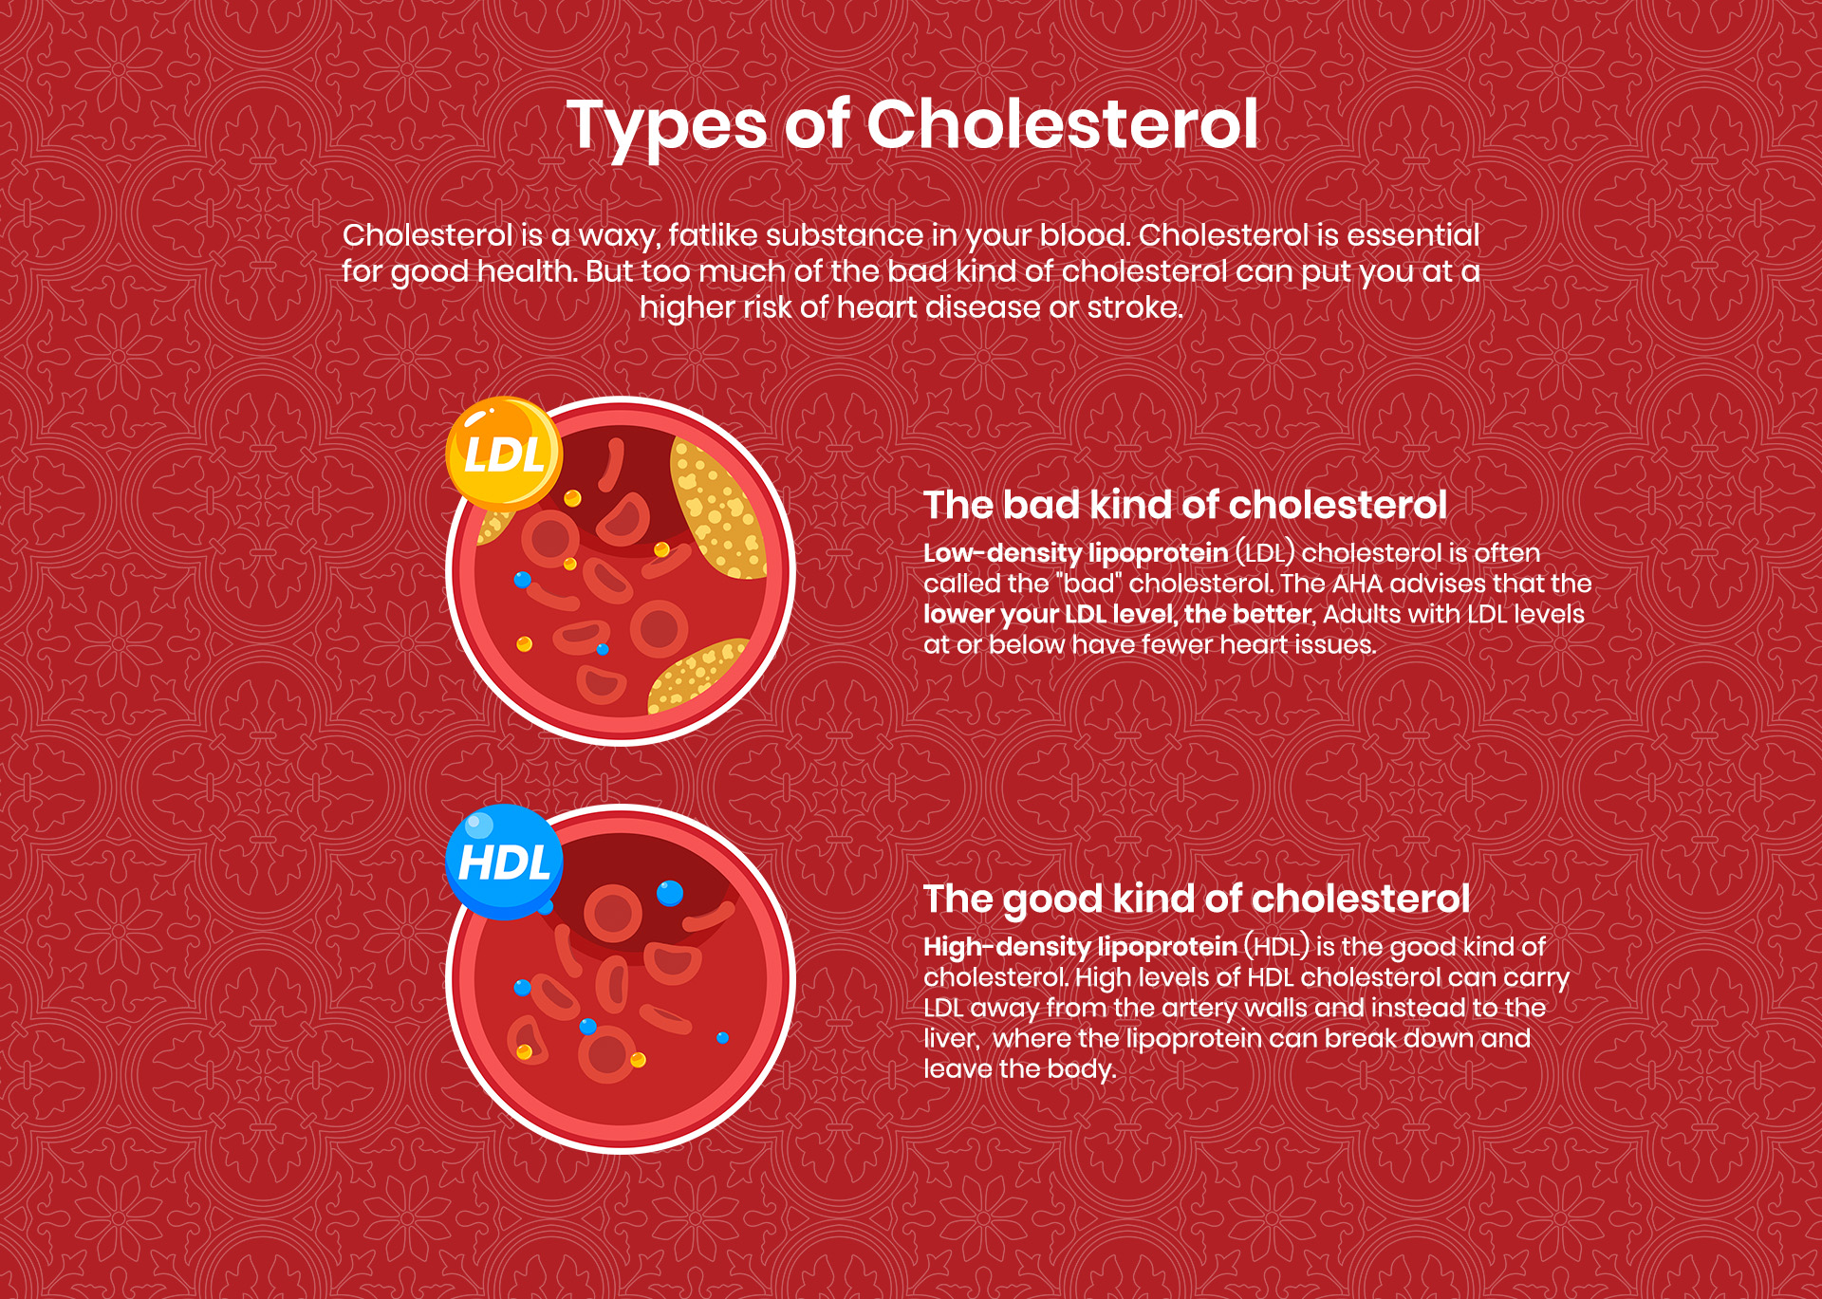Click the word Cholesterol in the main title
coord(1062,124)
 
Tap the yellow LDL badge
coord(504,455)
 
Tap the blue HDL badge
coord(504,863)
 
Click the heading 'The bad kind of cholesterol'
coord(1184,505)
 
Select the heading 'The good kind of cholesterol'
coord(1196,899)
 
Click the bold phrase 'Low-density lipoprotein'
coord(1075,553)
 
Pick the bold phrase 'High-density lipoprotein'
coord(1080,947)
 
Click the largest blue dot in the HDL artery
coord(670,893)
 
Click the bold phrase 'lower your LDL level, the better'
coord(1117,614)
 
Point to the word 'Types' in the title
coord(666,126)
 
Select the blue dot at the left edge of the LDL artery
coord(522,580)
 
